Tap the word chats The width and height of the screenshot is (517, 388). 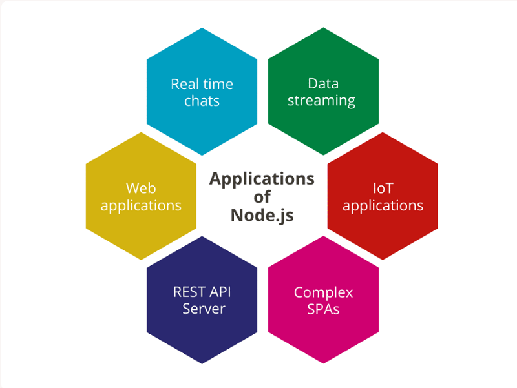[x=202, y=101]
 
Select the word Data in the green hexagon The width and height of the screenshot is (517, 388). [x=323, y=83]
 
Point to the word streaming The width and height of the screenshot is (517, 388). [x=321, y=101]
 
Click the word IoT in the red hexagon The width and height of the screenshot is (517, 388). [x=383, y=189]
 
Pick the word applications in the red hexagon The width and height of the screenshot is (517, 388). [x=383, y=206]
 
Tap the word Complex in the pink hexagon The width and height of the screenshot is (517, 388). [x=323, y=292]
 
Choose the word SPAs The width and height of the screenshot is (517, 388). [x=323, y=309]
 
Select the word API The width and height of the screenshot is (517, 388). [x=220, y=292]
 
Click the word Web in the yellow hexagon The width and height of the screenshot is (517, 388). [x=141, y=189]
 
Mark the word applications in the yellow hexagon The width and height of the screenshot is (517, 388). [x=141, y=206]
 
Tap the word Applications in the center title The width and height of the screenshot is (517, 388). [x=262, y=179]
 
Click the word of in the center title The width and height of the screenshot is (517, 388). [x=262, y=197]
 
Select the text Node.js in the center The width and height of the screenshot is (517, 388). [x=262, y=215]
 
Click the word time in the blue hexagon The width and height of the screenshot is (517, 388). [x=218, y=85]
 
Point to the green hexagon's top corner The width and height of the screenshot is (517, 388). [x=323, y=28]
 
